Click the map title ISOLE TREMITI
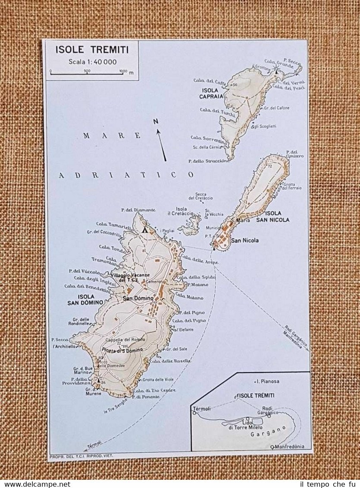91,50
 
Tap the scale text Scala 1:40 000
92,62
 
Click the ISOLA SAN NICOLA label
277,216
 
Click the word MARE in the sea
112,136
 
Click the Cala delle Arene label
199,259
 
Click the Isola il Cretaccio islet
191,225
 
